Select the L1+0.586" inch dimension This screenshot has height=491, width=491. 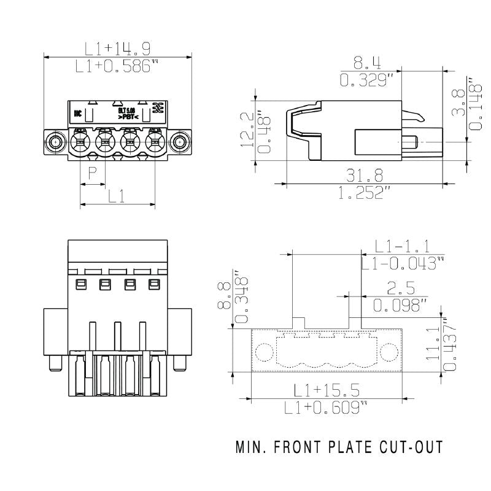(114, 66)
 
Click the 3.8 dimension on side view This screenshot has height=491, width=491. (457, 104)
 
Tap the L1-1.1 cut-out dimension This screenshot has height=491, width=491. (402, 246)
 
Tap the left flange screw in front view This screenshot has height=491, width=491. (56, 142)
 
